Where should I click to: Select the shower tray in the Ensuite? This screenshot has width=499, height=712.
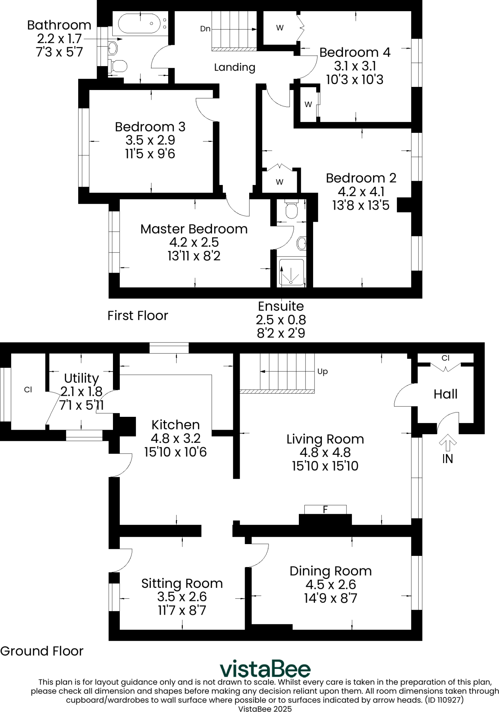[291, 273]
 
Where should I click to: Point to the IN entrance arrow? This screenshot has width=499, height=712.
[448, 441]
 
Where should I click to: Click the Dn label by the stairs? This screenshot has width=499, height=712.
[205, 29]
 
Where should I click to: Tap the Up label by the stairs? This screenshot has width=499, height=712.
[322, 372]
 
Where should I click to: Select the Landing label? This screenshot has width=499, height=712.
[235, 67]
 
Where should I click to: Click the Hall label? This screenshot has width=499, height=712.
[445, 394]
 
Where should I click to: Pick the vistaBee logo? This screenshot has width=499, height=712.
[265, 669]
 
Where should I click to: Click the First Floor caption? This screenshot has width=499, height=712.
[138, 315]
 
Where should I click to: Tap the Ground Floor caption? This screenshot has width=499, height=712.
[42, 651]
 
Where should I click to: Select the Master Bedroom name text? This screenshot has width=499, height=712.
[194, 229]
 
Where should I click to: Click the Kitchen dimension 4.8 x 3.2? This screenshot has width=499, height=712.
[175, 438]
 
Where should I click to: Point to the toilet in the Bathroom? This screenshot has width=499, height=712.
[117, 65]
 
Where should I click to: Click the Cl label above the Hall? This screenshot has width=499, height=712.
[445, 358]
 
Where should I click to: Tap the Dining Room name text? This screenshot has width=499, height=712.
[330, 571]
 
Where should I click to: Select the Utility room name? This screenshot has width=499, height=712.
[81, 378]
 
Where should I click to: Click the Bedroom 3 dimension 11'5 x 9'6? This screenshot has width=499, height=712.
[150, 154]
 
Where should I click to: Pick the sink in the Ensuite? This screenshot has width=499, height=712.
[301, 243]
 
